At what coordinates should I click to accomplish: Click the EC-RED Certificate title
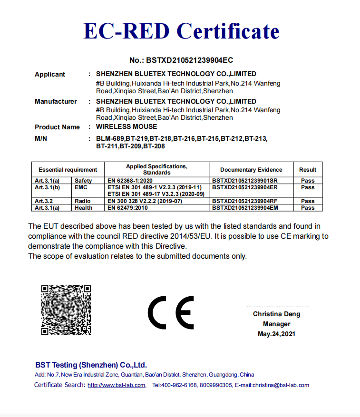pyautogui.click(x=181, y=31)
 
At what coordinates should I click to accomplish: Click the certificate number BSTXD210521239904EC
pyautogui.click(x=181, y=60)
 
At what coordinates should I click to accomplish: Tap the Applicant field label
pyautogui.click(x=50, y=74)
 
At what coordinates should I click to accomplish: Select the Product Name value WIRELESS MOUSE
pyautogui.click(x=126, y=127)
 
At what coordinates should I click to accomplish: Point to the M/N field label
pyautogui.click(x=41, y=138)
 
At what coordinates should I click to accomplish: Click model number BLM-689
pyautogui.click(x=110, y=139)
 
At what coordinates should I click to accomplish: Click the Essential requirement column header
pyautogui.click(x=68, y=170)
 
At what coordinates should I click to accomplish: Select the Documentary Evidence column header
pyautogui.click(x=251, y=170)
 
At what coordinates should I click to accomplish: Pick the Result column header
pyautogui.click(x=308, y=170)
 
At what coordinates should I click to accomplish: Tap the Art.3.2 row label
pyautogui.click(x=44, y=201)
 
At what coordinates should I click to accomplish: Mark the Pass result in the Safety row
pyautogui.click(x=308, y=181)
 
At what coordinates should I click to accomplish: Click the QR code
pyautogui.click(x=66, y=310)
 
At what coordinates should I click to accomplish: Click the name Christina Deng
pyautogui.click(x=276, y=314)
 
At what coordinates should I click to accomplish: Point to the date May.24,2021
pyautogui.click(x=276, y=334)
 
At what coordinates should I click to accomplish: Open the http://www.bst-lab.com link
pyautogui.click(x=117, y=385)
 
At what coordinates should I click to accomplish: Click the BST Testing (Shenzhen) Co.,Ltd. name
pyautogui.click(x=91, y=365)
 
